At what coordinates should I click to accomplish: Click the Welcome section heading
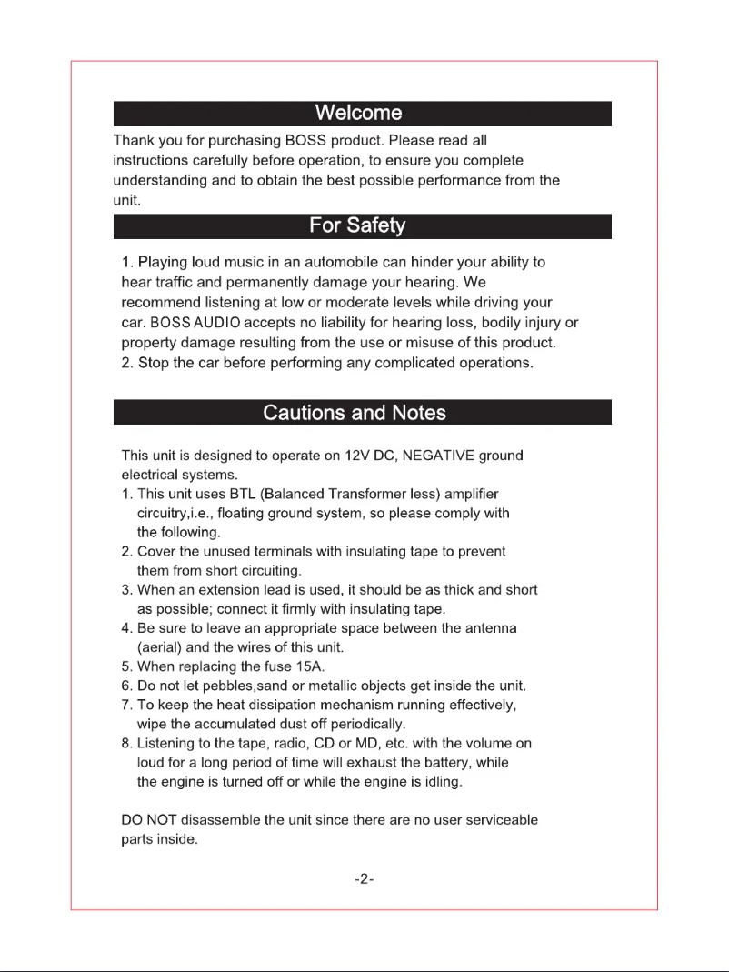pyautogui.click(x=358, y=114)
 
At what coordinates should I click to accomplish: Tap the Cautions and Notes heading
pyautogui.click(x=355, y=413)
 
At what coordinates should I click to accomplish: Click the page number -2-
pyautogui.click(x=364, y=880)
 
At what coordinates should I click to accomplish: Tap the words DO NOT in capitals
pyautogui.click(x=149, y=819)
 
